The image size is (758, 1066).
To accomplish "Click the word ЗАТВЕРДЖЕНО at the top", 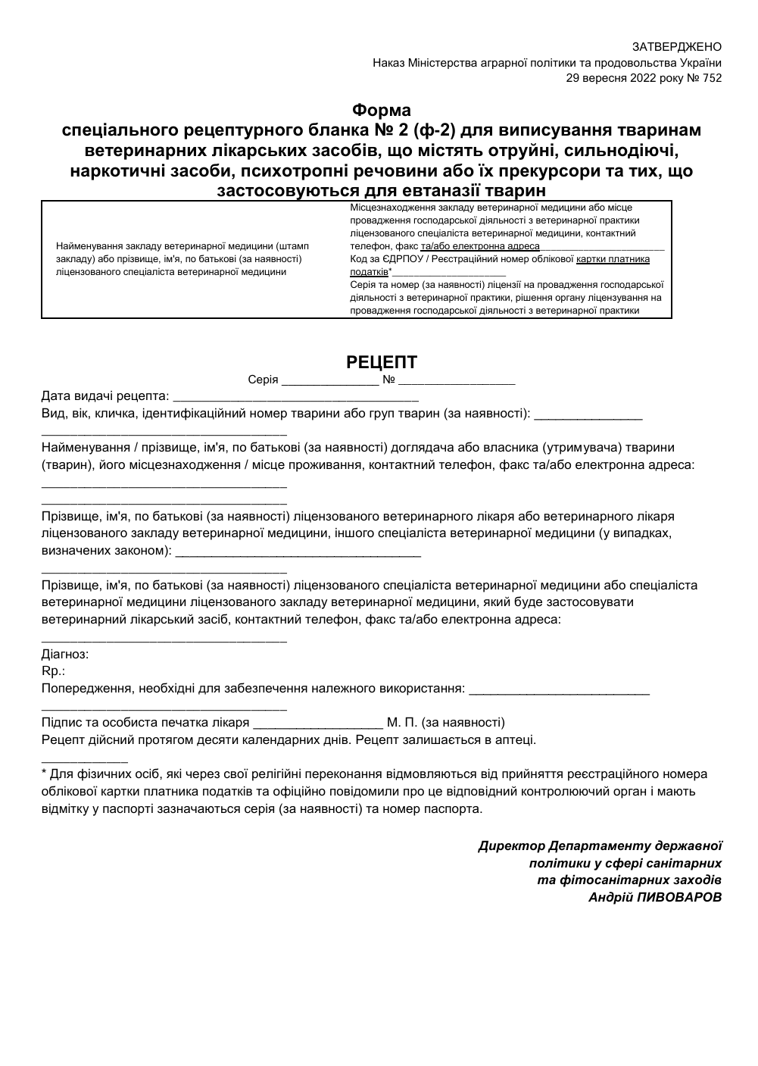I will click(x=676, y=47).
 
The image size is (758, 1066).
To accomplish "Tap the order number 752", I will click(x=712, y=77).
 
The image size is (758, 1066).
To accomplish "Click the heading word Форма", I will click(x=382, y=110).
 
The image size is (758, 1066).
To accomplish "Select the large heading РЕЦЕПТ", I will click(x=382, y=362).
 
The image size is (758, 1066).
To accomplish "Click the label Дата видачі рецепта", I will click(x=105, y=396).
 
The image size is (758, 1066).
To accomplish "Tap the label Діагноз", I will click(x=64, y=654).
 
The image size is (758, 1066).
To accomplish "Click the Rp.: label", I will click(x=53, y=671).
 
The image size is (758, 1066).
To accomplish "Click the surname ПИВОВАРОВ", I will click(x=679, y=897).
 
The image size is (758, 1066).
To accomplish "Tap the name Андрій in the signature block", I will click(x=610, y=897).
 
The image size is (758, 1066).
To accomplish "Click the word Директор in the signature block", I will click(x=511, y=846).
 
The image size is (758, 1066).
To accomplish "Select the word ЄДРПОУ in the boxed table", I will click(x=404, y=259).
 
